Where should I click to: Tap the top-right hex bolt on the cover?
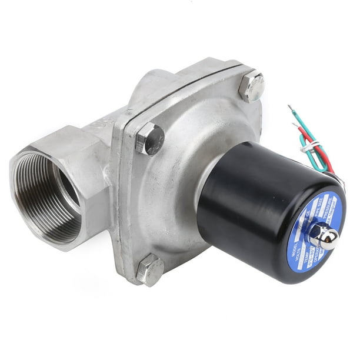252,86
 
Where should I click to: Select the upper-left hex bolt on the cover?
149,139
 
